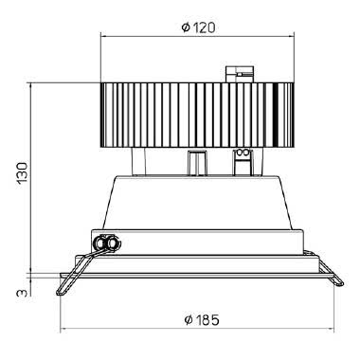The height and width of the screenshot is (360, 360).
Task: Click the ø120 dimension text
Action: tap(199, 27)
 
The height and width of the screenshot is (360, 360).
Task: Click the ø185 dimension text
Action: tap(202, 320)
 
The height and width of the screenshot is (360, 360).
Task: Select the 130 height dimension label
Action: tap(23, 173)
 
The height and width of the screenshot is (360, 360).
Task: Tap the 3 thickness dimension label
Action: tap(23, 293)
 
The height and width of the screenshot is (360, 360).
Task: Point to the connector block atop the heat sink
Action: tap(239, 75)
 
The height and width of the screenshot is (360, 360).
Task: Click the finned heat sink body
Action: tap(197, 115)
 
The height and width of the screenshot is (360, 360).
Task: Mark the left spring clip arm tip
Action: tap(59, 293)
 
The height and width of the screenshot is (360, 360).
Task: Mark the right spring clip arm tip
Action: tap(340, 283)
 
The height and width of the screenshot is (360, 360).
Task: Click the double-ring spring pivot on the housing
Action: tap(107, 243)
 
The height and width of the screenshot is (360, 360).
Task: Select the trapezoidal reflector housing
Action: tap(197, 202)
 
